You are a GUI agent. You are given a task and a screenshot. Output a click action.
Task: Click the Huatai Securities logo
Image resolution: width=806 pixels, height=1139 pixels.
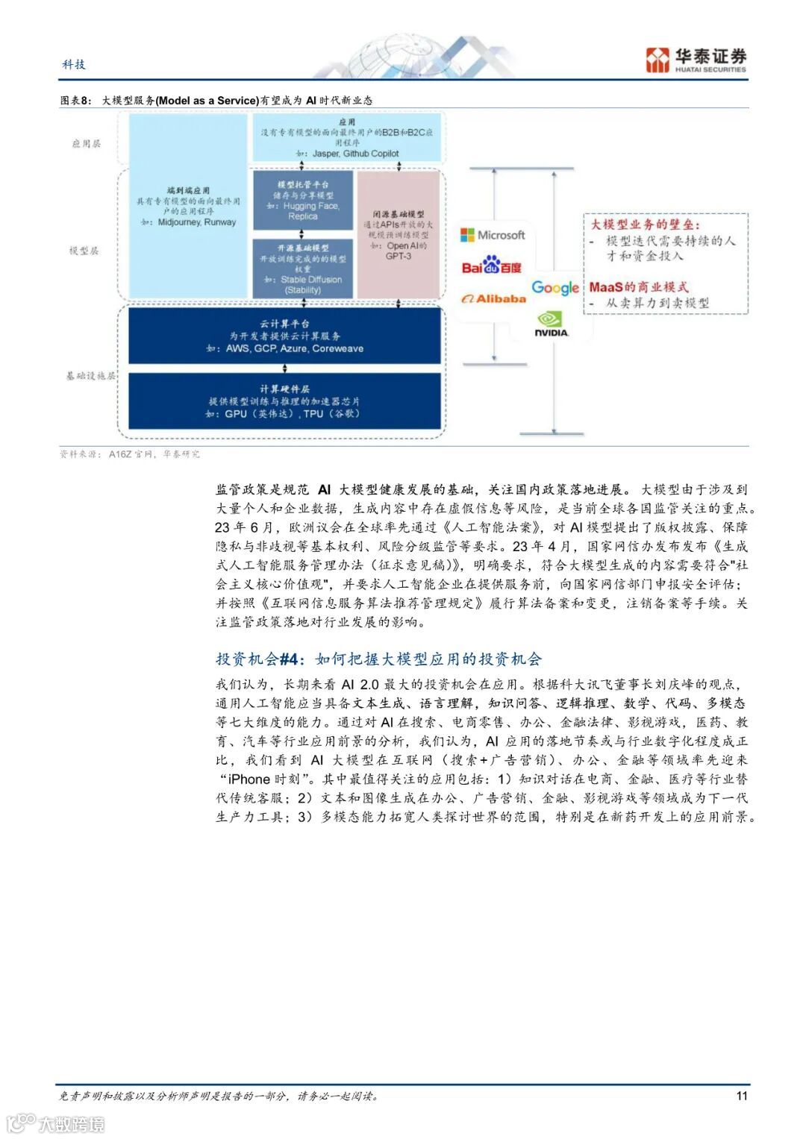tap(696, 60)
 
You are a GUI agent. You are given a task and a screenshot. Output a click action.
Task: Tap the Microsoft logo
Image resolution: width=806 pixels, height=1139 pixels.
tap(493, 235)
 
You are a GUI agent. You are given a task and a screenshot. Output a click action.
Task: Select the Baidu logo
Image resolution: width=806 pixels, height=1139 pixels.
tap(491, 265)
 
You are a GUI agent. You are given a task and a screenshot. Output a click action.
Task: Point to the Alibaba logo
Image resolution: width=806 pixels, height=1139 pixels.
tap(493, 298)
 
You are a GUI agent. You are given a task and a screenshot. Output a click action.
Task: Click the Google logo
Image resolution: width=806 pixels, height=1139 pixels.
tap(555, 288)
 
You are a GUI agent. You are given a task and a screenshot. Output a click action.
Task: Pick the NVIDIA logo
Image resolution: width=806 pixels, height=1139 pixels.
tap(552, 324)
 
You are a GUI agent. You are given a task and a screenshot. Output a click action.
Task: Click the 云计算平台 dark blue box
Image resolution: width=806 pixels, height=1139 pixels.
tap(284, 336)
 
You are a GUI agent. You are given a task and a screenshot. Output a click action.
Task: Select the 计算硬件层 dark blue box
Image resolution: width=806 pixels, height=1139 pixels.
tap(284, 401)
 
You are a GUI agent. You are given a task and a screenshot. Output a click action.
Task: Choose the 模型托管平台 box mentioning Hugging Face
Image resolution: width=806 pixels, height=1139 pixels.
tap(302, 200)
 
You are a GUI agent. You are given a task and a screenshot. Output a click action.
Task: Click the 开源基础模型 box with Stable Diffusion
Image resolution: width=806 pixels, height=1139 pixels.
tap(302, 268)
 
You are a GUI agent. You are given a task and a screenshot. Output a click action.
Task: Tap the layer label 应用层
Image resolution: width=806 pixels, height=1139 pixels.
tap(87, 143)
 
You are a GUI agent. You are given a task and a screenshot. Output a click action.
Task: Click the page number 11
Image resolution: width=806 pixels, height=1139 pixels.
tap(741, 1095)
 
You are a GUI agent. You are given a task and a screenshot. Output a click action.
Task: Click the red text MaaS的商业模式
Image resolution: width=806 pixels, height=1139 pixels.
tap(638, 287)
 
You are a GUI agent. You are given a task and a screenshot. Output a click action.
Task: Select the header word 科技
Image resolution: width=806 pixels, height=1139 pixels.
tap(74, 64)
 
